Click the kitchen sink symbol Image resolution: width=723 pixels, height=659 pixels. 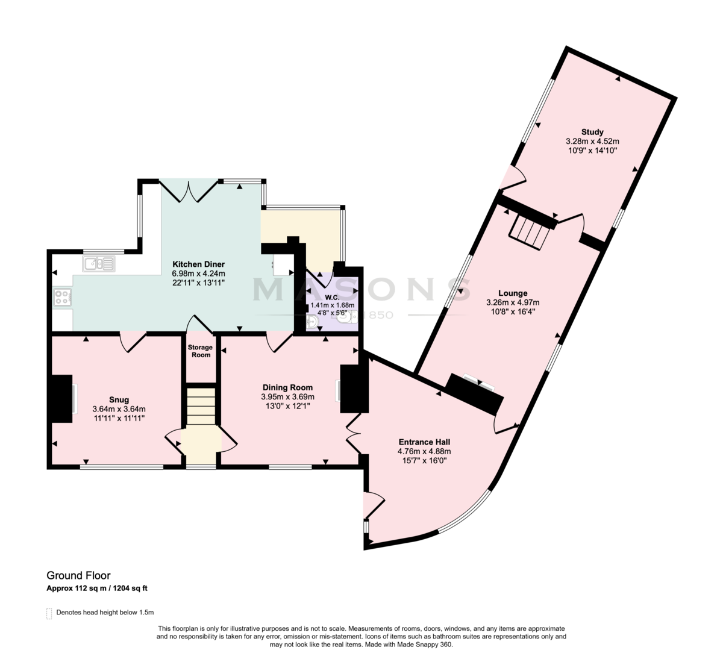point(99,263)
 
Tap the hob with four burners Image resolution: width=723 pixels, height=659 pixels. point(62,297)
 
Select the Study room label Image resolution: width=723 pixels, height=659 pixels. point(592,132)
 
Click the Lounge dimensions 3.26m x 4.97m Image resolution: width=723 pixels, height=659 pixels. point(513,302)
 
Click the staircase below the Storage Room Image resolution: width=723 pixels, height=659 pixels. point(201,406)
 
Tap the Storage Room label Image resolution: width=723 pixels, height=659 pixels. point(201,351)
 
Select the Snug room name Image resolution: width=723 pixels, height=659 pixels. point(119,400)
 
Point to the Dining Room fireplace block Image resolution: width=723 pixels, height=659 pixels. point(354,389)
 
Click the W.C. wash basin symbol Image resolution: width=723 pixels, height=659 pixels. point(311,322)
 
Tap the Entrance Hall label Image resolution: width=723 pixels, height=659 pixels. point(424,442)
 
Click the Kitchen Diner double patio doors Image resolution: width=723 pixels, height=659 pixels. point(189,191)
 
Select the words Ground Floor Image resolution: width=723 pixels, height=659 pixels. point(78,575)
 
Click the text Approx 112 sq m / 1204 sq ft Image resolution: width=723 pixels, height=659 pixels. point(97,589)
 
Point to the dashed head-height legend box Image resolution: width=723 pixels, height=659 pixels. point(49,614)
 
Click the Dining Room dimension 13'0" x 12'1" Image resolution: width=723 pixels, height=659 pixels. point(287,406)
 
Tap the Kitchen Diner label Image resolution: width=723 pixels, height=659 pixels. point(199,264)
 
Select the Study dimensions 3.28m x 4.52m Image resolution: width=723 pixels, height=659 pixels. point(592,142)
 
